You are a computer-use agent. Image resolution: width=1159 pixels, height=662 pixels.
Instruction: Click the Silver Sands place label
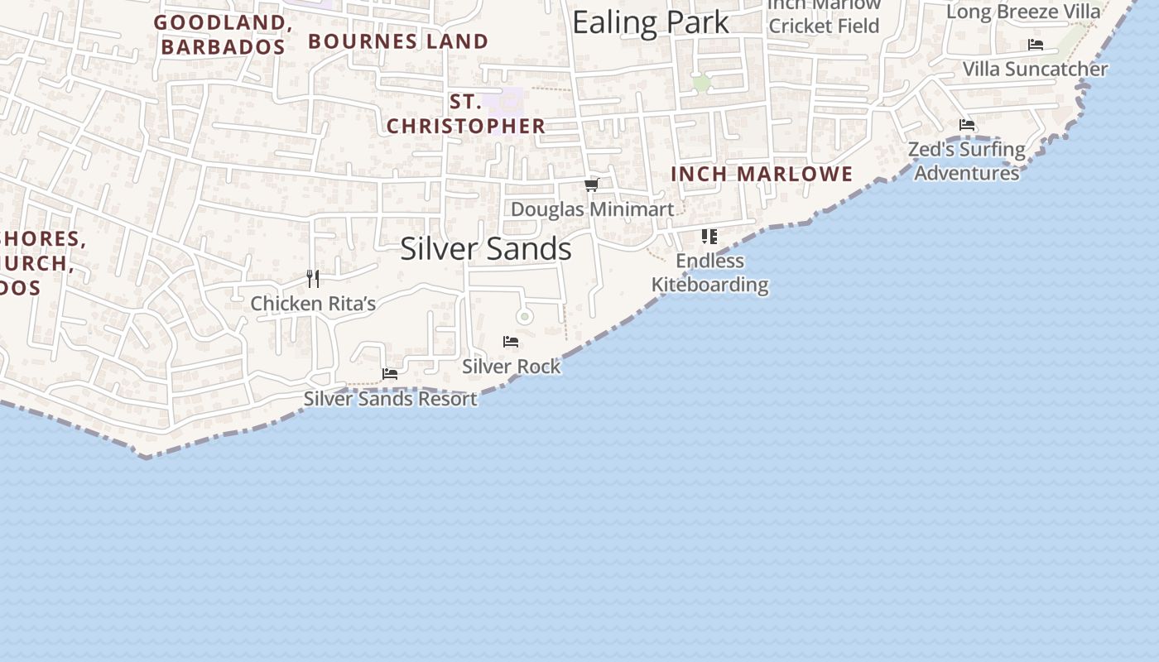486,249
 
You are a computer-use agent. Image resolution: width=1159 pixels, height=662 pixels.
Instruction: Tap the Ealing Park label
651,22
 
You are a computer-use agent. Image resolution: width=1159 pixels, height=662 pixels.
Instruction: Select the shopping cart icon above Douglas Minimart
592,185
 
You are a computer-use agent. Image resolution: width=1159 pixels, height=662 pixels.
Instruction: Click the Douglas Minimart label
592,209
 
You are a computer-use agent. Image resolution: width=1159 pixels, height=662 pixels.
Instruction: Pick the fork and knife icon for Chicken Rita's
313,279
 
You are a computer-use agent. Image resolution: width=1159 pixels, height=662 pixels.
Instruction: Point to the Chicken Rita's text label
313,304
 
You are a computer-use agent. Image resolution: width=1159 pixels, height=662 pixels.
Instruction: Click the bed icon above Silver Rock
511,341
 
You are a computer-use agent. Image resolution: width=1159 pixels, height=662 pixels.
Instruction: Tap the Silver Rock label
511,366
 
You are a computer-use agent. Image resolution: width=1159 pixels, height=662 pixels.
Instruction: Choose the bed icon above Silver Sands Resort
390,374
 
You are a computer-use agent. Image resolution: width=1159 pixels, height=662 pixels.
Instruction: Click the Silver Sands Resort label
390,399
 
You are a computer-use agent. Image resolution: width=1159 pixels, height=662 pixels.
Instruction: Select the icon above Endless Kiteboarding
709,237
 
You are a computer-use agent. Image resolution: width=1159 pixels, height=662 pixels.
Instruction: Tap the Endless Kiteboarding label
709,273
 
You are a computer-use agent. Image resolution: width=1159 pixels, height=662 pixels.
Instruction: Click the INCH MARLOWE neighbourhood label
762,174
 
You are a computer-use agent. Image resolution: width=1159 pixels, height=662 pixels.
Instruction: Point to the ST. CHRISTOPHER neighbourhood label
466,114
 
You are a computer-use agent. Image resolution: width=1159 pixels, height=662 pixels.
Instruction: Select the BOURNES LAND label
398,41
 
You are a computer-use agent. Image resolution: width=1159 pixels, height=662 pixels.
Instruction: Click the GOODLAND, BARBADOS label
223,35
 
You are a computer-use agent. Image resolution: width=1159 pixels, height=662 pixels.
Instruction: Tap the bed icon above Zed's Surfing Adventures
967,125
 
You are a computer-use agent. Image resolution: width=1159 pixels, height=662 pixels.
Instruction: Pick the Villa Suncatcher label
1035,69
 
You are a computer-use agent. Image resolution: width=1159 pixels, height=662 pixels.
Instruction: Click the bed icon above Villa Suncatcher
1036,45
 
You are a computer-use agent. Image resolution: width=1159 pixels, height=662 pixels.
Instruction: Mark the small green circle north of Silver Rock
524,316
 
